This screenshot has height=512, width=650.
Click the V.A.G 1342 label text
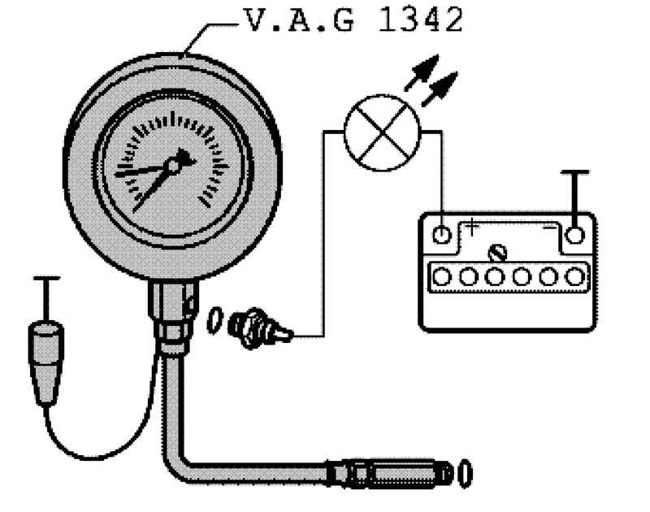[353, 20]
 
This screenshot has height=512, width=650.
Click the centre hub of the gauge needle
[173, 166]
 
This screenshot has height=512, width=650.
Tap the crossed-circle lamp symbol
[382, 132]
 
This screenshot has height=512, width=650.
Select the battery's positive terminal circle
[441, 235]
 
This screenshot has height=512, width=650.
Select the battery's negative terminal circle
[574, 235]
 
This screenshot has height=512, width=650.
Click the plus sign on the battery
[471, 227]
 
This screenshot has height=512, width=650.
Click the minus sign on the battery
[550, 228]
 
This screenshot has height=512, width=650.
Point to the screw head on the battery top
[497, 253]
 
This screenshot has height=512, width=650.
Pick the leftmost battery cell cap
[442, 276]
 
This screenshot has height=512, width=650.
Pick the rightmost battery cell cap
[574, 276]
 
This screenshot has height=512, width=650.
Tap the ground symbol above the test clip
[46, 298]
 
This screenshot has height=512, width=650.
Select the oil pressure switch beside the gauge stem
[260, 328]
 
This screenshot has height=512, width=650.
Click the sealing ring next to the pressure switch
[214, 320]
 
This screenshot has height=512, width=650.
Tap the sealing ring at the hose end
[465, 473]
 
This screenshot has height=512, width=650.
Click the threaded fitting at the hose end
[389, 473]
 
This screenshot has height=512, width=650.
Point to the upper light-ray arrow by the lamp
[422, 72]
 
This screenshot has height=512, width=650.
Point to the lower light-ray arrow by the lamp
[440, 89]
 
